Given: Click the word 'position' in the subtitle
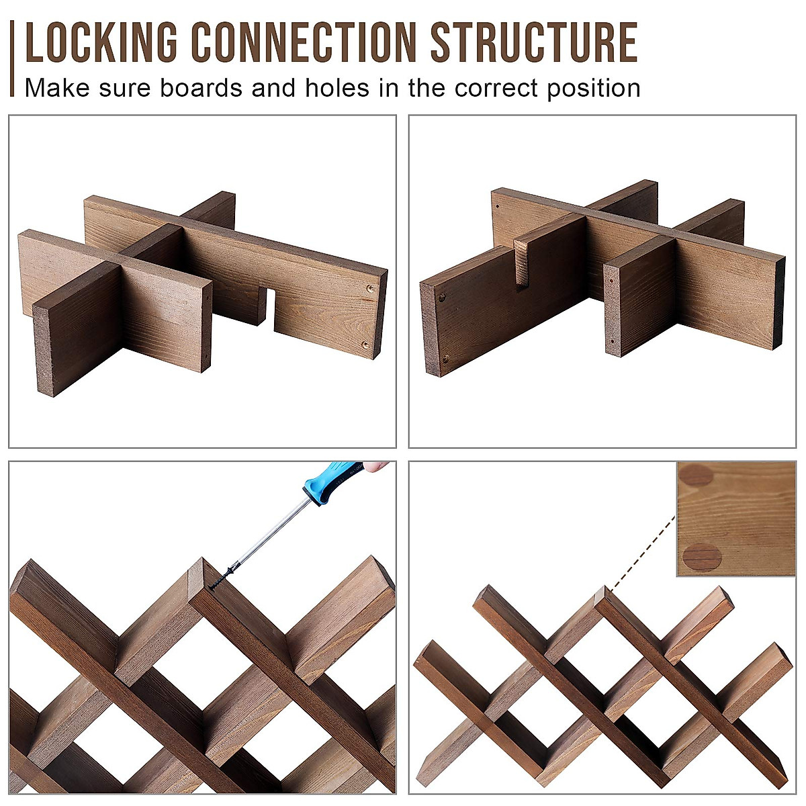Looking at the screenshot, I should coord(594,88).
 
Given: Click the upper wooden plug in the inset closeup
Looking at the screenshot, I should coord(695,476).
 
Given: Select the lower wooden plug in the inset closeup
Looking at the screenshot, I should coord(702,556).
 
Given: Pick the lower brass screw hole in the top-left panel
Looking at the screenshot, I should coord(366,345).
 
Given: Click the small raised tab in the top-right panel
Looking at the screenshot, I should coord(522,263).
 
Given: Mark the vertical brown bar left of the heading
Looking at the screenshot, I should coord(12,58).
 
